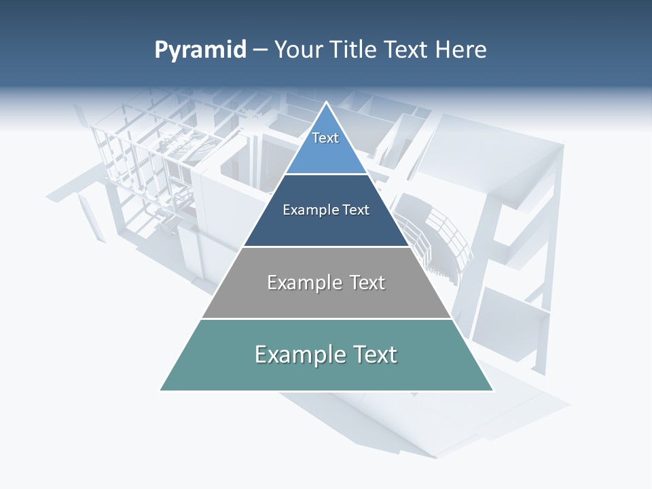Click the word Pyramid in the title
point(200,50)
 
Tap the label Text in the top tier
point(325,138)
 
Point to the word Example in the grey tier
point(302,283)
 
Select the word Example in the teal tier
point(297,355)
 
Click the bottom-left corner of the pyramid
point(161,390)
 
